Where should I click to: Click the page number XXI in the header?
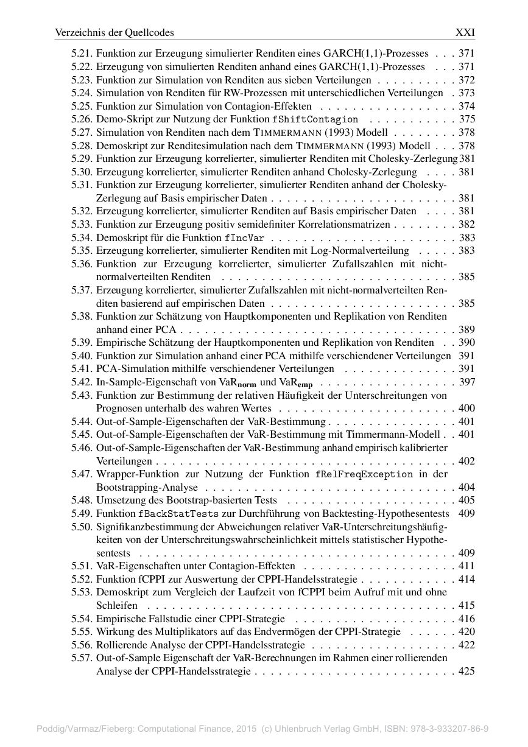tap(465, 33)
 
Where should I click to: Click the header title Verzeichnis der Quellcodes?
tap(114, 33)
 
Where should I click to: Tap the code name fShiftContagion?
tap(315, 120)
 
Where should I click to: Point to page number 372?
tap(466, 80)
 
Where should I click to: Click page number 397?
tap(466, 382)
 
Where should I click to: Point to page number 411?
tap(466, 566)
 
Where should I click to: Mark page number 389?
tap(466, 330)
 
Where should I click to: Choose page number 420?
tap(466, 632)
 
